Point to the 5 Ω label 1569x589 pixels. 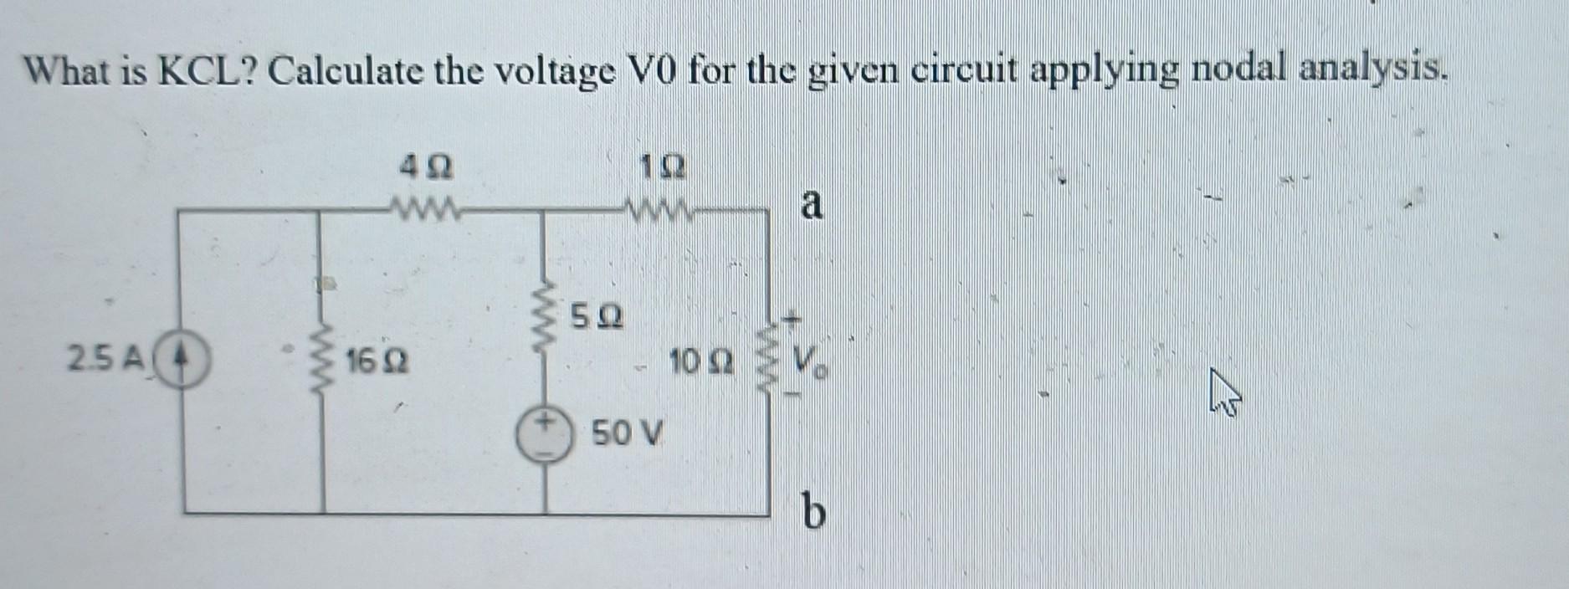tap(597, 317)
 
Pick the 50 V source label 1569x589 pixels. tap(627, 434)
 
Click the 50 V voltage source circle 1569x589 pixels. tap(544, 435)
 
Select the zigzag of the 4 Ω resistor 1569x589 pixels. tap(424, 206)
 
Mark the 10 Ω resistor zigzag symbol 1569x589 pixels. tap(768, 361)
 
